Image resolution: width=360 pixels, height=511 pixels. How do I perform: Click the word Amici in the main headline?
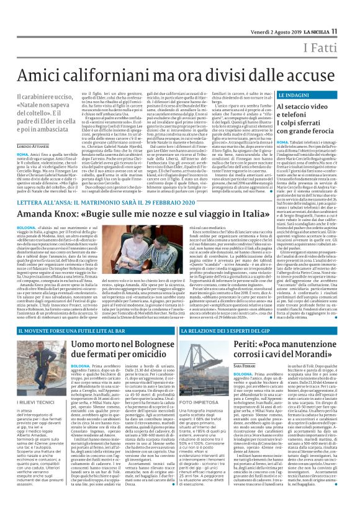pyautogui.click(x=45, y=74)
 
